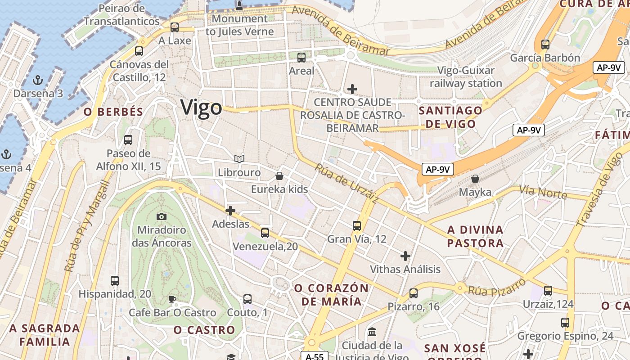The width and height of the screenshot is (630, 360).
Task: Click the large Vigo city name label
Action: [201, 108]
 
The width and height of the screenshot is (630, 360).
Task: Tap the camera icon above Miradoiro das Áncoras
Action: [162, 216]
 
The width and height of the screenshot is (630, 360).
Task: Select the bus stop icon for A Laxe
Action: [175, 27]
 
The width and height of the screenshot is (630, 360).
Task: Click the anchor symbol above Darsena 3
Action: [38, 81]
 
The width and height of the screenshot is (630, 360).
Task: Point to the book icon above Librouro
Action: [239, 159]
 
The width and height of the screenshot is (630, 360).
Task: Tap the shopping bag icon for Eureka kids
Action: [279, 176]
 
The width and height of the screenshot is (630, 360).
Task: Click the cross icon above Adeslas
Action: [230, 210]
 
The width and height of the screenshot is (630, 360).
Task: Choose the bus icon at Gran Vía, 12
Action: [357, 225]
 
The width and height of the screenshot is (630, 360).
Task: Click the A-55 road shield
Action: [315, 356]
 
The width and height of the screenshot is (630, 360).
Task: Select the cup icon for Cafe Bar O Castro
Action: [171, 299]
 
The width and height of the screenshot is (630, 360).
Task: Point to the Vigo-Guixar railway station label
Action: [466, 77]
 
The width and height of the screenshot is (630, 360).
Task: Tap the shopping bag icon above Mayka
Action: [475, 179]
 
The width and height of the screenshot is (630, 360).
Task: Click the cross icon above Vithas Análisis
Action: [405, 256]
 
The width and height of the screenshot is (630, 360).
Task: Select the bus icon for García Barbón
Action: [545, 44]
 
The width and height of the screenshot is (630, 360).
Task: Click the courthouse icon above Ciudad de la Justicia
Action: [372, 333]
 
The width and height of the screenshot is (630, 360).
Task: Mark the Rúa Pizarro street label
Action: [497, 287]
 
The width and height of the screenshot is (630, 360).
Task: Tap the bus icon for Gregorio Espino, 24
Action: [565, 322]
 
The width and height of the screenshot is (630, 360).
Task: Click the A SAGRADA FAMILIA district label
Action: [45, 335]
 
